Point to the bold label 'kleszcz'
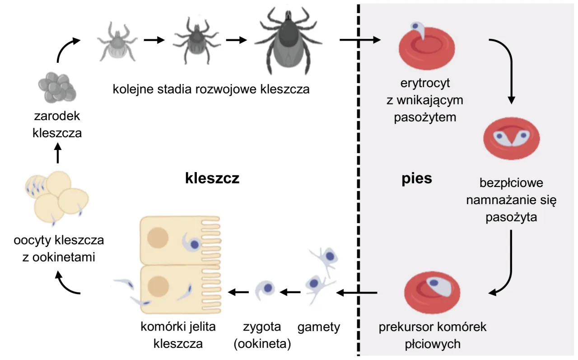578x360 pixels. pos(212,179)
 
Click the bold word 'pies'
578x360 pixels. pos(417,179)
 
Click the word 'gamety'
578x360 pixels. pos(319,327)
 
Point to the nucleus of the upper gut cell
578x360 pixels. pos(158,238)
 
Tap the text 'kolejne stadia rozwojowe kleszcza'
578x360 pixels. pos(211,89)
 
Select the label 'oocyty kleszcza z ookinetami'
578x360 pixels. pos(59,248)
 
